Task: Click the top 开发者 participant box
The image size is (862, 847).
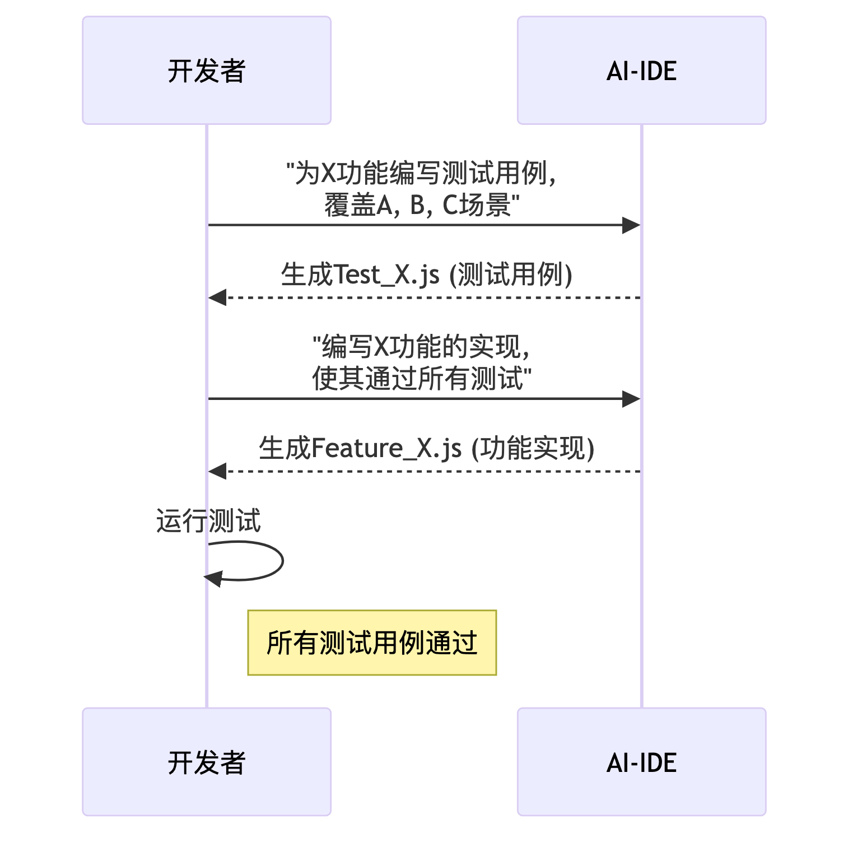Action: (x=207, y=71)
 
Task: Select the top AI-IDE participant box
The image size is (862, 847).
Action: (x=641, y=71)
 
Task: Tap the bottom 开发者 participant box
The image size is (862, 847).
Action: (x=207, y=762)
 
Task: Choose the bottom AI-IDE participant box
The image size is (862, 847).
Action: (x=641, y=762)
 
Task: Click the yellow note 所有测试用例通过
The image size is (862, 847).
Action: (x=372, y=643)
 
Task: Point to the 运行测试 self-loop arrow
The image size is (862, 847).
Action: (x=282, y=561)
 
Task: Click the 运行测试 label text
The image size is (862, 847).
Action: (x=208, y=521)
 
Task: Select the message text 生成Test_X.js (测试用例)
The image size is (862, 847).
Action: (x=426, y=274)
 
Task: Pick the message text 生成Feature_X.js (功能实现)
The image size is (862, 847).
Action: (x=426, y=448)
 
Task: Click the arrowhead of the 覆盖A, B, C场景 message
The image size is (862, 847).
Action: (x=631, y=225)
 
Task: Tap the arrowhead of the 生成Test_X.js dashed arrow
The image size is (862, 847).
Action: (x=217, y=297)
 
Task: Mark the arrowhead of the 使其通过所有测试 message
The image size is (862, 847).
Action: (x=631, y=399)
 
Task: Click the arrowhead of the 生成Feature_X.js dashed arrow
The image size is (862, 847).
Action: (x=217, y=471)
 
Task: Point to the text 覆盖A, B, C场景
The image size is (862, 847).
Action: (x=421, y=205)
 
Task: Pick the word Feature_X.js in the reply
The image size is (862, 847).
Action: (x=386, y=449)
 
